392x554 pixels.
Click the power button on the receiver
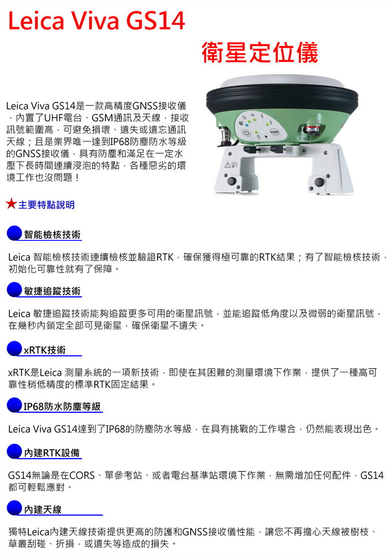point(245,132)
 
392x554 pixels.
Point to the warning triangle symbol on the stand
point(227,165)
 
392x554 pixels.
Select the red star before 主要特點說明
point(11,204)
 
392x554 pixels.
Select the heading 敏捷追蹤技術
point(52,291)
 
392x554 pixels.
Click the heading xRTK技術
point(44,350)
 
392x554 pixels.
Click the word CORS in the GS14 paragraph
point(83,475)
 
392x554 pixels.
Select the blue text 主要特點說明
point(47,204)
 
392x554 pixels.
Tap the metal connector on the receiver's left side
point(226,136)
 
